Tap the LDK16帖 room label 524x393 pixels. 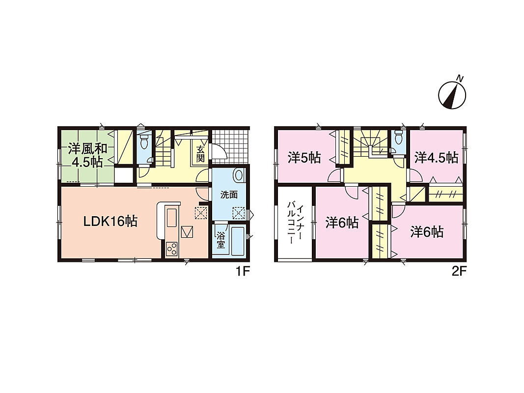[110, 221]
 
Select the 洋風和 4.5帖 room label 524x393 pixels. [87, 155]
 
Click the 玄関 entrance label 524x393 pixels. [200, 154]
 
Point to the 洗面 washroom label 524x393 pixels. [229, 195]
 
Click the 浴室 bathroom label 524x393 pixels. [220, 240]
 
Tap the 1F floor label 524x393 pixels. [243, 271]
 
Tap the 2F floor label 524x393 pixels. [459, 271]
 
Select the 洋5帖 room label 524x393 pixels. [304, 158]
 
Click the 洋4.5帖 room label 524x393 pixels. [436, 158]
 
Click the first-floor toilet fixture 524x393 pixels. [144, 141]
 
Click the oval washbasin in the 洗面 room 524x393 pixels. [239, 175]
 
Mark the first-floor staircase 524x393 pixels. [164, 147]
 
